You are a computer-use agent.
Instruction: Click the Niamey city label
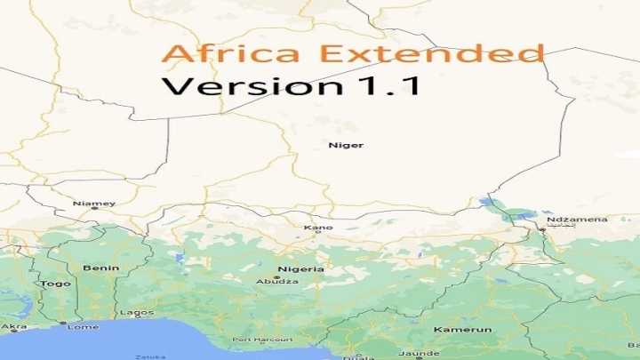click(x=94, y=204)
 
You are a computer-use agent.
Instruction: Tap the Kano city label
click(x=318, y=228)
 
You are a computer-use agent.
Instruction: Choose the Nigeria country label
click(x=300, y=268)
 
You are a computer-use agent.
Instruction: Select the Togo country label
click(x=55, y=284)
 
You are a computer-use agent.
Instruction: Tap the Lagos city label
click(x=136, y=313)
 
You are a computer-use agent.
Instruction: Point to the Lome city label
click(x=83, y=326)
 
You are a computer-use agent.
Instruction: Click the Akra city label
click(x=14, y=326)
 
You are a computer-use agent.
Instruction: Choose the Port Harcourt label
click(x=262, y=340)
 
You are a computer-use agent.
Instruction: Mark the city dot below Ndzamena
click(x=541, y=229)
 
